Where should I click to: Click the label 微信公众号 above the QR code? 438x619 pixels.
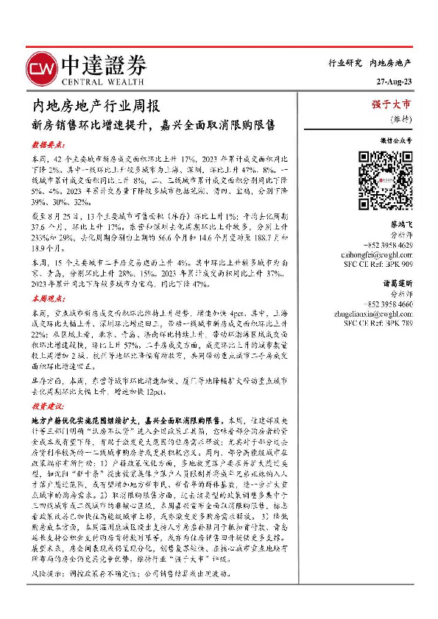[396, 139]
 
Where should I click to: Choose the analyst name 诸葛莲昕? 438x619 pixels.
[398, 283]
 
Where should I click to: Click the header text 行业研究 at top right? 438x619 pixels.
[345, 64]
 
